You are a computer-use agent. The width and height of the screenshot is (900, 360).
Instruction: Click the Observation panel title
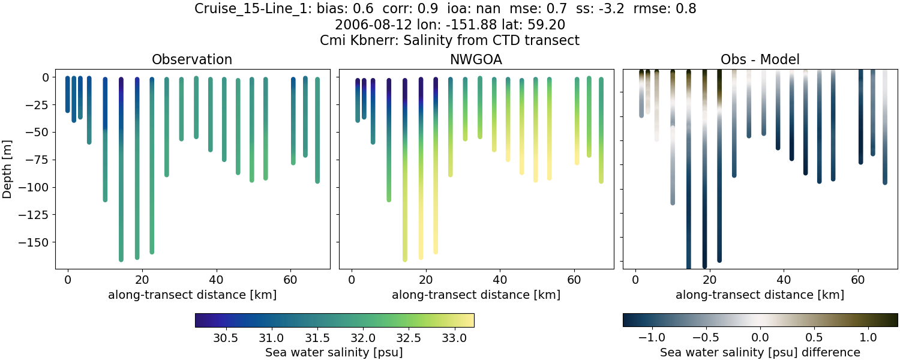click(192, 59)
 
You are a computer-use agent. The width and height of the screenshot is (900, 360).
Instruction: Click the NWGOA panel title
click(476, 59)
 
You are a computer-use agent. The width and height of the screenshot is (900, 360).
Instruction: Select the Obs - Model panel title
click(760, 59)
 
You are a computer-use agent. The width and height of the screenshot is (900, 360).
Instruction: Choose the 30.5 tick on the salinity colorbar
click(226, 338)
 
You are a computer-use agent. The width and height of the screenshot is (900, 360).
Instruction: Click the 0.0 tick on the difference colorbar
click(760, 338)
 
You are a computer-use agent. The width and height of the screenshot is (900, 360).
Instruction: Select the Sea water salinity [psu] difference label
click(760, 352)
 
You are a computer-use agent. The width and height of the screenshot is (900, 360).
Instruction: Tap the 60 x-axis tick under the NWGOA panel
click(574, 279)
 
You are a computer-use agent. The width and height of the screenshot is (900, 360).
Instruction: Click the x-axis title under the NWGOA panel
click(476, 295)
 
